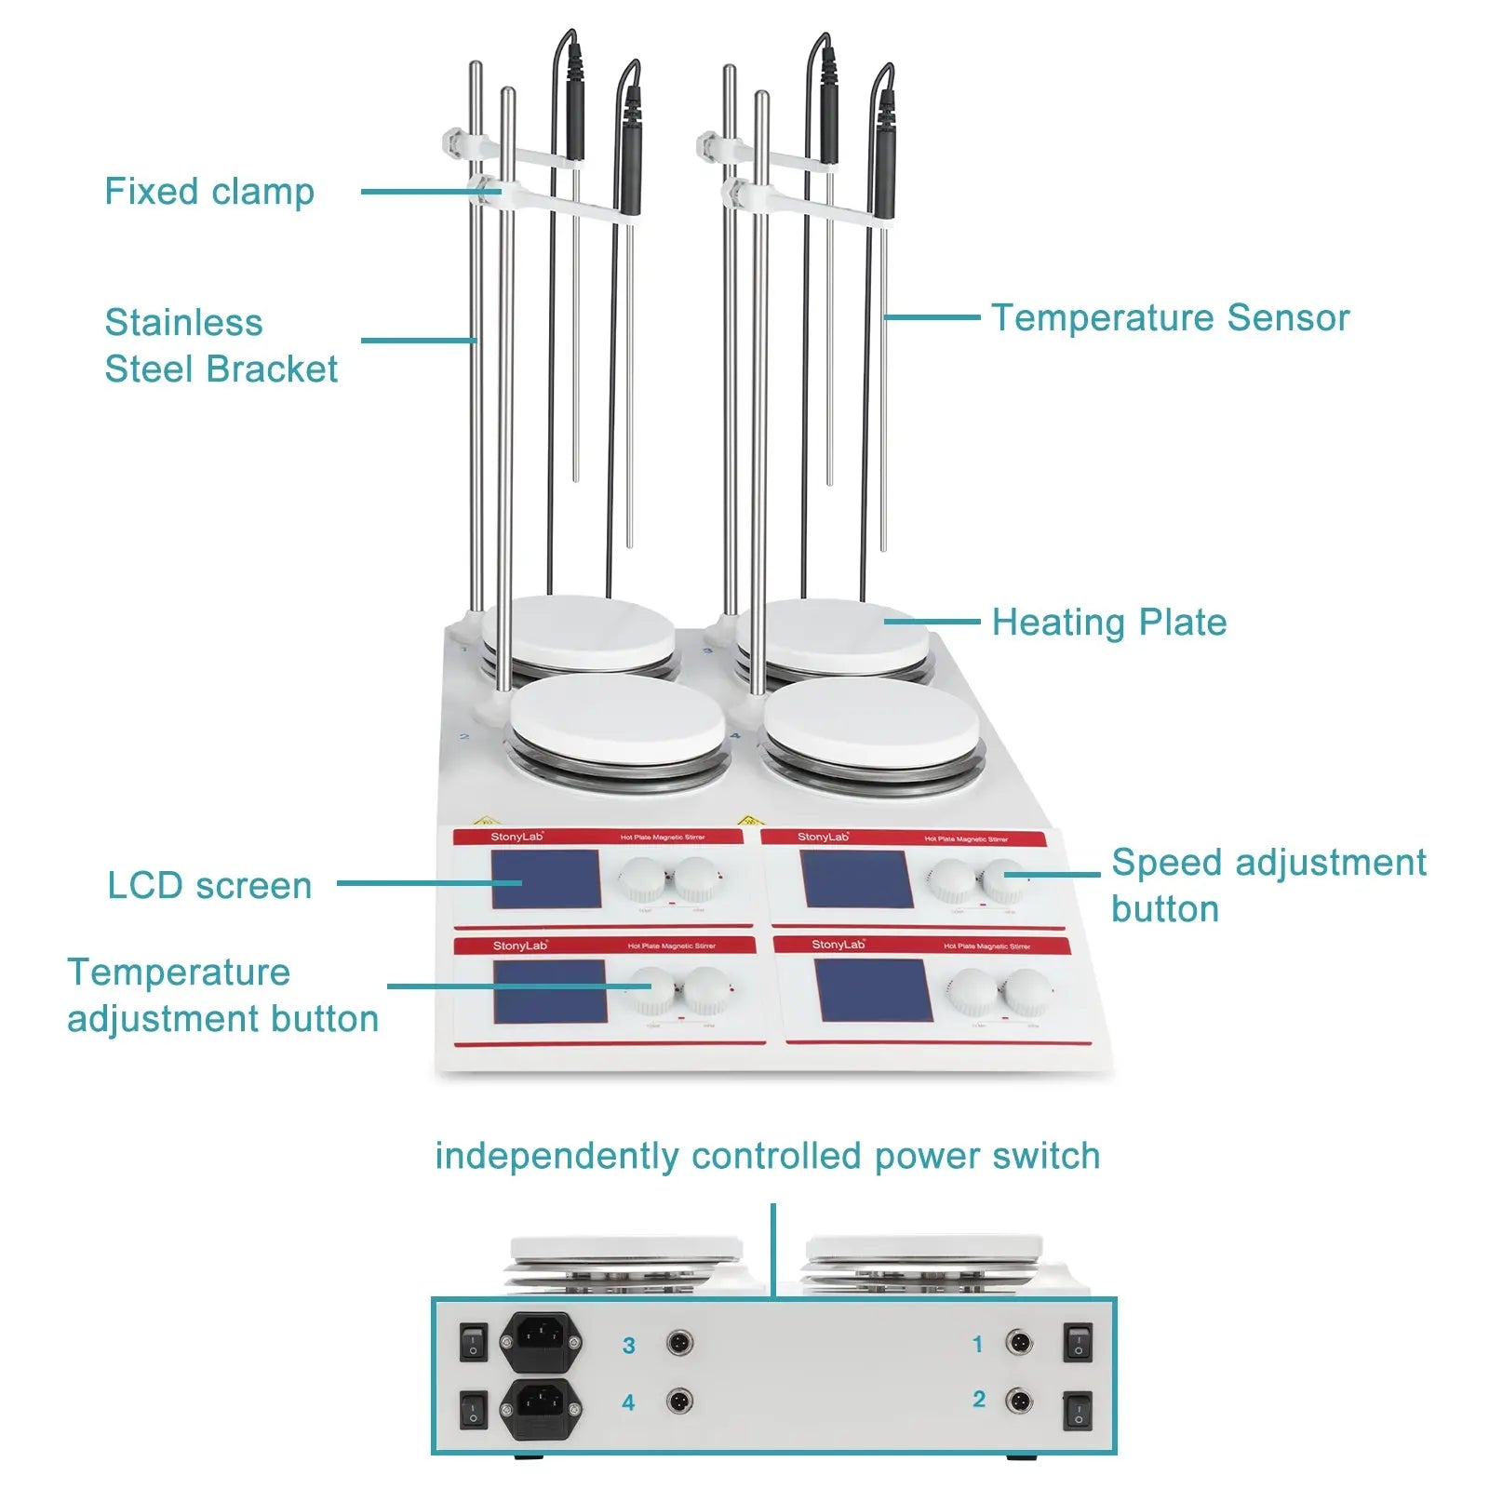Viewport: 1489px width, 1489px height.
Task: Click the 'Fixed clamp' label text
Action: coord(209,192)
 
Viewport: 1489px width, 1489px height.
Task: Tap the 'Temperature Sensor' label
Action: coord(1170,317)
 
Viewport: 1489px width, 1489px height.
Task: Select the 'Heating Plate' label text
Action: coord(1108,622)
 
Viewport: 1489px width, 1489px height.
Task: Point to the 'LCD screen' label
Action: coord(209,885)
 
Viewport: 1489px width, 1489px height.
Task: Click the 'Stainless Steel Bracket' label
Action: coord(220,345)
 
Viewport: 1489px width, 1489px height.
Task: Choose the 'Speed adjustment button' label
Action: coord(1268,885)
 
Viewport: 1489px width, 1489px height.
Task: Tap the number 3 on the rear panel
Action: coord(629,1346)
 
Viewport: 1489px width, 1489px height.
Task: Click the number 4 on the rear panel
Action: coord(629,1402)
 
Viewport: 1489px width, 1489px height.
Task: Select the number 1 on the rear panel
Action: coord(977,1344)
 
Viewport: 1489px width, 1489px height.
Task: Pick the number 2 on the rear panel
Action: coord(979,1400)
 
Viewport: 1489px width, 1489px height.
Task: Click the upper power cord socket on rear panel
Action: coord(541,1341)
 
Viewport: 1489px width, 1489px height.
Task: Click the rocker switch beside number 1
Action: coord(1078,1343)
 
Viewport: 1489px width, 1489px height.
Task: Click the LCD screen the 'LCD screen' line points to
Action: coord(545,879)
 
